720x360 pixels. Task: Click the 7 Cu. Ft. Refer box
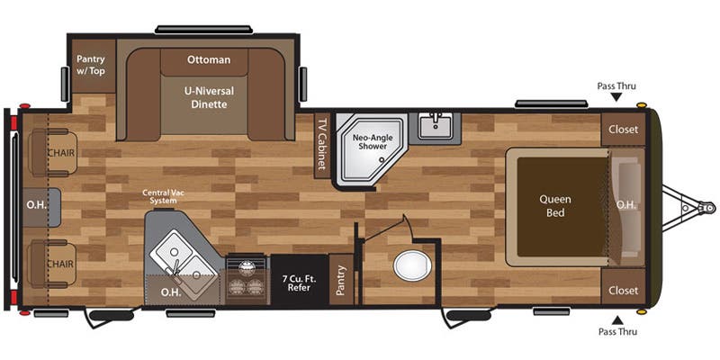click(299, 282)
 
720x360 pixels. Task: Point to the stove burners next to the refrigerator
click(246, 276)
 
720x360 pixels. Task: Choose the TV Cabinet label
click(320, 144)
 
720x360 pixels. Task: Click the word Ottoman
click(209, 60)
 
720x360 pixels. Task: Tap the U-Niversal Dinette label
click(209, 97)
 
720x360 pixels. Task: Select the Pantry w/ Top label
click(91, 65)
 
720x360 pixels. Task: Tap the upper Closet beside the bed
click(623, 130)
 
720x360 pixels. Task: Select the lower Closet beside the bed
click(623, 291)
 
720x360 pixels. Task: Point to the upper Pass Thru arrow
click(616, 97)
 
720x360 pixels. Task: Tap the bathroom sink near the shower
click(435, 125)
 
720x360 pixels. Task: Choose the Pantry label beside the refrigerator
click(341, 279)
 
